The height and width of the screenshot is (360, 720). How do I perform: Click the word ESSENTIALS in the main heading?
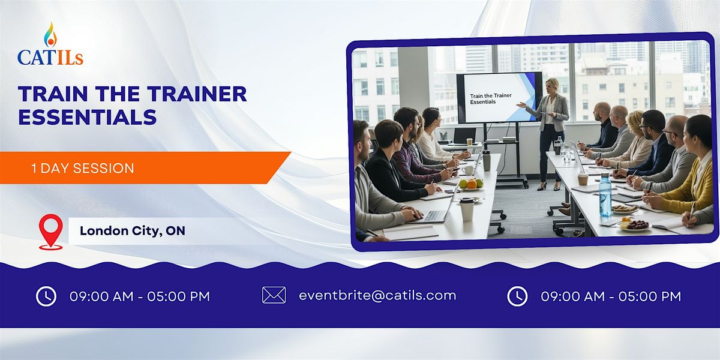coord(88,117)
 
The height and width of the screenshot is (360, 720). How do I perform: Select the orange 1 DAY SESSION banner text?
coord(83,169)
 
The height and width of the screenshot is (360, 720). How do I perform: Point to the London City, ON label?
coord(133,231)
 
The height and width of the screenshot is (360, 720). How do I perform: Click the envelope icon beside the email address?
coord(274,295)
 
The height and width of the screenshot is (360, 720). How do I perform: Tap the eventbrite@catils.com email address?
coord(377,295)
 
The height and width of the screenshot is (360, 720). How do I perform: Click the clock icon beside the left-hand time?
coord(46,296)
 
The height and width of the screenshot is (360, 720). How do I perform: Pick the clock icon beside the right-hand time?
coord(517,296)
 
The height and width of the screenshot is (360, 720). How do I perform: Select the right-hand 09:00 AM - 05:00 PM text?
coord(611,296)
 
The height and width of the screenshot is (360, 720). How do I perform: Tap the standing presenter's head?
coord(550,86)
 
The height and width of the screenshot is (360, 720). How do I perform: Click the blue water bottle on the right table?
coord(605,195)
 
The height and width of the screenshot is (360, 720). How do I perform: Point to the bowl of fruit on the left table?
coord(471,184)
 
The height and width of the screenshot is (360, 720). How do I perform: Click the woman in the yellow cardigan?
coord(690,174)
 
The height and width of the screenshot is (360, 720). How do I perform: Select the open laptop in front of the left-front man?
coord(436,210)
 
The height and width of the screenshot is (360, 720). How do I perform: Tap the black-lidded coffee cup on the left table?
coord(466,209)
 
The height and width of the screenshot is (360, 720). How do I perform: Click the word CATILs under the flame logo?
coord(50,58)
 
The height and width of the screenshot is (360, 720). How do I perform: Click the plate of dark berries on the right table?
coord(635,225)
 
